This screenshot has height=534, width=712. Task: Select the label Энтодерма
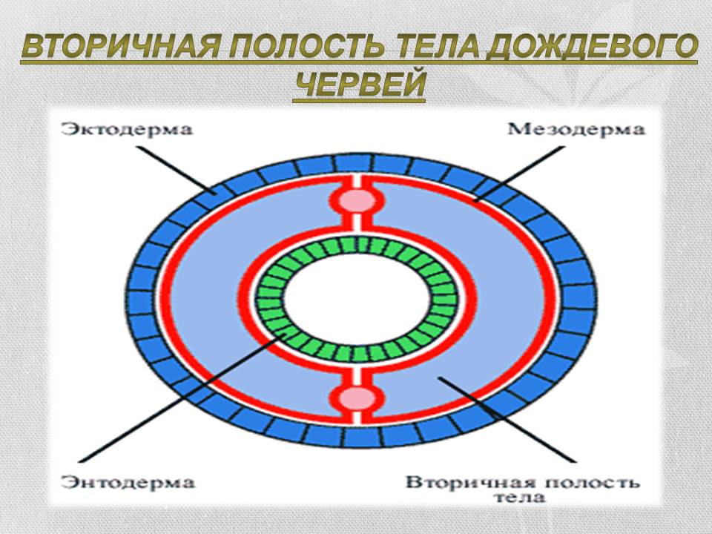(128, 483)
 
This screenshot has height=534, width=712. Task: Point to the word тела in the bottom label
(522, 498)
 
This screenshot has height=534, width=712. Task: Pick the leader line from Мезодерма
(519, 173)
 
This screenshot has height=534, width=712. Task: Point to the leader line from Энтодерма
(193, 400)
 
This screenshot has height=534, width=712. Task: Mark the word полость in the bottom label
(586, 482)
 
